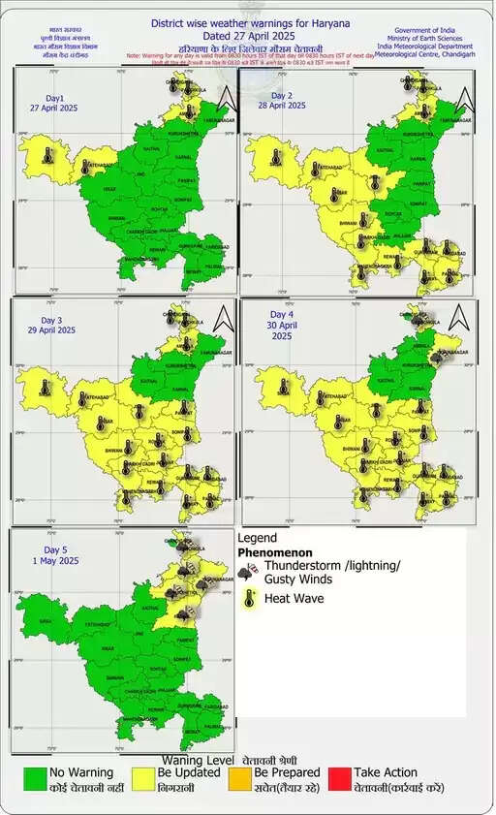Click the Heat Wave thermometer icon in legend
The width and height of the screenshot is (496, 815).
(249, 599)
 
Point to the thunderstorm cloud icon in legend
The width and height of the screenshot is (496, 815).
(249, 572)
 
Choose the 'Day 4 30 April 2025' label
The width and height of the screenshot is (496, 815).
(282, 322)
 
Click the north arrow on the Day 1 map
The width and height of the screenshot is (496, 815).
(225, 98)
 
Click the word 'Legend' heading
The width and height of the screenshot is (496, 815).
(257, 537)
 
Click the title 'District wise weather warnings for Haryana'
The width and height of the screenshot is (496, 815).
(250, 22)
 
